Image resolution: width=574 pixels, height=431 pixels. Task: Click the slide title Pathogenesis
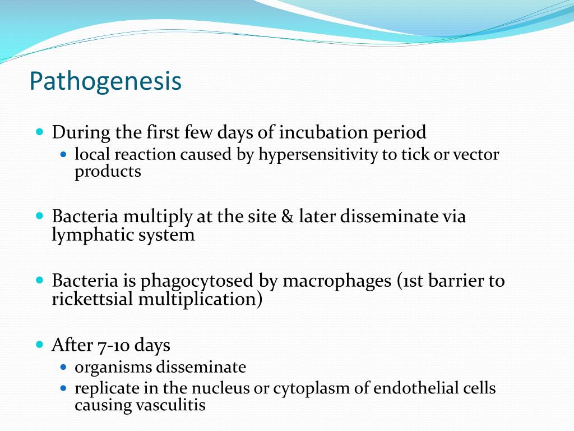click(105, 81)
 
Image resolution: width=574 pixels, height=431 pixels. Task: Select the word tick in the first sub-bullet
click(411, 155)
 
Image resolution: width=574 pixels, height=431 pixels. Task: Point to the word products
click(108, 172)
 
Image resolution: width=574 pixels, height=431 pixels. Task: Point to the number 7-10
click(113, 345)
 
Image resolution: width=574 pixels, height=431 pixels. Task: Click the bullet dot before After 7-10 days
click(39, 344)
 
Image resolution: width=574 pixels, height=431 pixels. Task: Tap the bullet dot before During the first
click(39, 132)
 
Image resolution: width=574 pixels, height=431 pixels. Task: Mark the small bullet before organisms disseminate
click(63, 367)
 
